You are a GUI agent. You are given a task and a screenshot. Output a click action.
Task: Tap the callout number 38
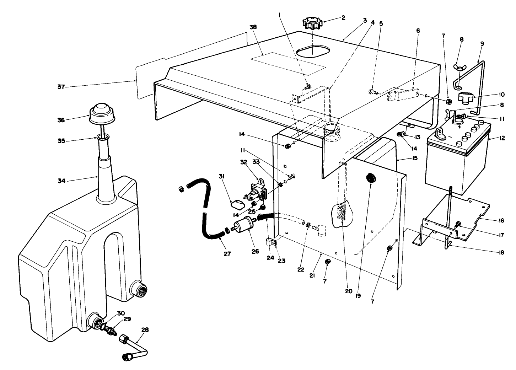pyautogui.click(x=253, y=27)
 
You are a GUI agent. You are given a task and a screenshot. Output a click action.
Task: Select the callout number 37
pyautogui.click(x=61, y=87)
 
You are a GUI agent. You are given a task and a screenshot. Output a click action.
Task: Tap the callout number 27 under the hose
pyautogui.click(x=227, y=254)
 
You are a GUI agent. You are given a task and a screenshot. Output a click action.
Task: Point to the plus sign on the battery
pyautogui.click(x=459, y=127)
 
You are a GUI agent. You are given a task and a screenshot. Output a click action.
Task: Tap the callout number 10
pyautogui.click(x=501, y=95)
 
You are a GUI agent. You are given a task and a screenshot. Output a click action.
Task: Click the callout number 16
pyautogui.click(x=501, y=221)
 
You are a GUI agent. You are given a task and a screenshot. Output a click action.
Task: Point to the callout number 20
pyautogui.click(x=348, y=291)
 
